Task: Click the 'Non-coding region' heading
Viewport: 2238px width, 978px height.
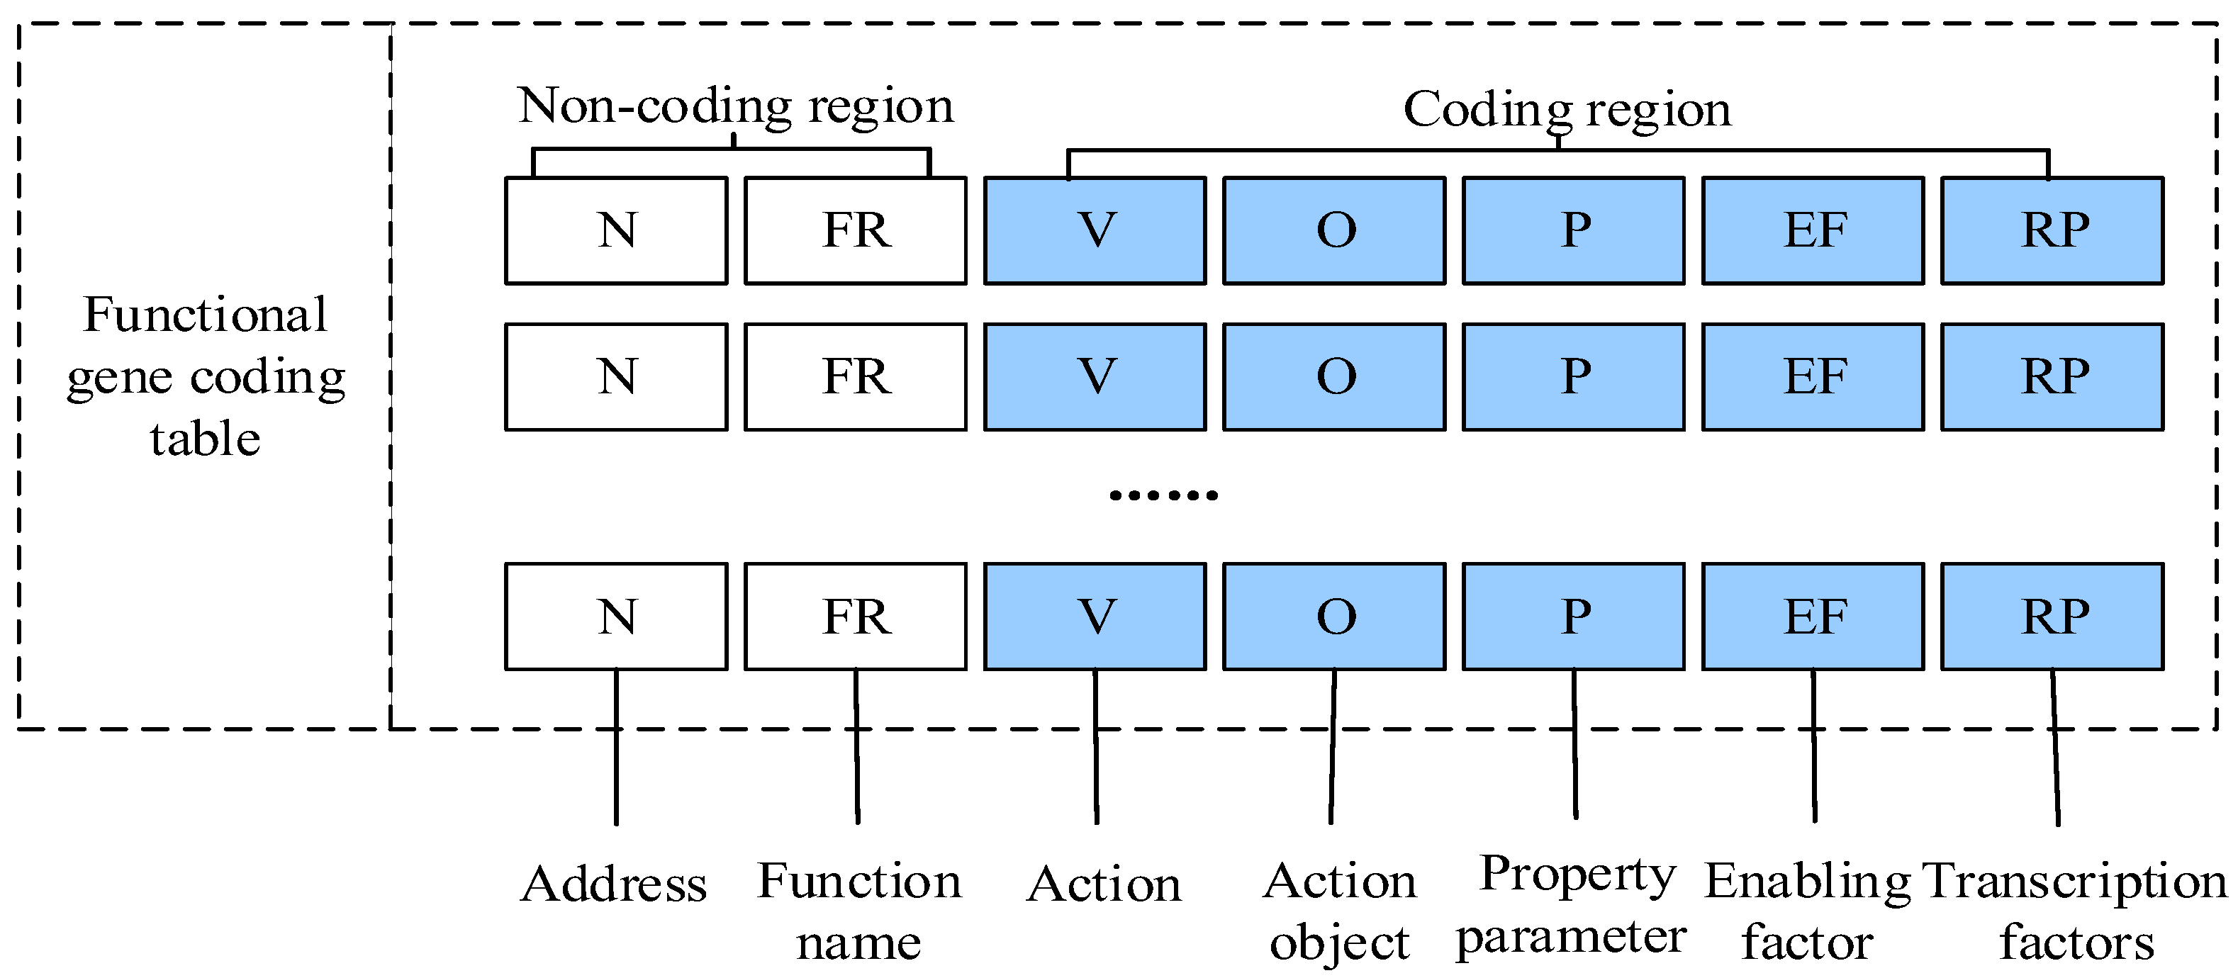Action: click(x=735, y=106)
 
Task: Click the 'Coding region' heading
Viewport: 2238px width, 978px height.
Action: click(x=1567, y=109)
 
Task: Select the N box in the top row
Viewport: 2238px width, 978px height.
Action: click(x=616, y=230)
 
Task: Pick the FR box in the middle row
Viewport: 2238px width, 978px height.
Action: click(x=855, y=377)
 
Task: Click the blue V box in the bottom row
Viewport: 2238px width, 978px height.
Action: click(x=1095, y=617)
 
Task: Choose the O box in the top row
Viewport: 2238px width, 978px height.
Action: click(x=1334, y=230)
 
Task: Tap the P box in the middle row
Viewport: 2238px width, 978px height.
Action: click(x=1573, y=377)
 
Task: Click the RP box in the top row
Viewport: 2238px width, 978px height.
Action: click(x=2052, y=230)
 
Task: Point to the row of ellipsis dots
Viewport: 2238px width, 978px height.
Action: click(x=1163, y=495)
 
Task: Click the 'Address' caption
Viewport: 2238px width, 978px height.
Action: click(x=614, y=885)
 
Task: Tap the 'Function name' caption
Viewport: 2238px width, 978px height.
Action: click(x=858, y=911)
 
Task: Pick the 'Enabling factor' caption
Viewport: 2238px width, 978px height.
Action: click(x=1807, y=911)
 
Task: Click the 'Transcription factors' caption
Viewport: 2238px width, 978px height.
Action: click(x=2075, y=911)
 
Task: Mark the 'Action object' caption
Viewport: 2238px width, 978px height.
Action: click(x=1339, y=911)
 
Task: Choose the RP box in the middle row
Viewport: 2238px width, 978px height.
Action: click(x=2052, y=377)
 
